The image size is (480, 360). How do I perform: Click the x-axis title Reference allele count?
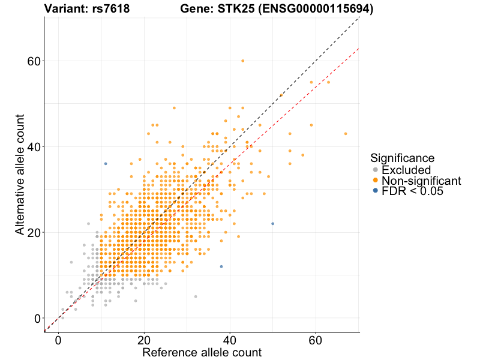tap(202, 352)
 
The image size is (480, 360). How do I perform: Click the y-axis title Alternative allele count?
tap(20, 174)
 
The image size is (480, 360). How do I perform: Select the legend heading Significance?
tap(402, 158)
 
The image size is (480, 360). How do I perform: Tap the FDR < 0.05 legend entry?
tap(415, 191)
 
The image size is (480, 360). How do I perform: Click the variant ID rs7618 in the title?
tap(111, 9)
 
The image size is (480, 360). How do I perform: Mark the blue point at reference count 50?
tap(273, 224)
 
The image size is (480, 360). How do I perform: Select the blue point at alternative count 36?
tap(106, 164)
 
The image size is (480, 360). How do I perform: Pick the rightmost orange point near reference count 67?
tap(346, 134)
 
